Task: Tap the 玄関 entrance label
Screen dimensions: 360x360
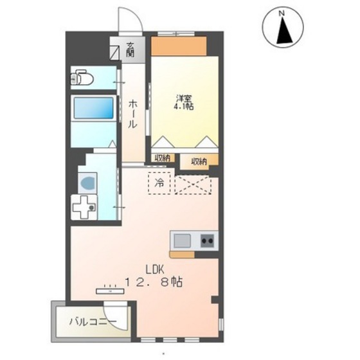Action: (x=130, y=49)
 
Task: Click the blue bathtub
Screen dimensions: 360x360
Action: (x=93, y=109)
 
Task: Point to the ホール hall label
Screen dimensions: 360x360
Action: (x=132, y=113)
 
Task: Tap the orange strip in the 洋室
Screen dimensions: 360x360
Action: (x=178, y=46)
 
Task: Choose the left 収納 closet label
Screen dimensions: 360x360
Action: (x=161, y=157)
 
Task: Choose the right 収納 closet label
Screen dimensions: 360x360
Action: (x=199, y=161)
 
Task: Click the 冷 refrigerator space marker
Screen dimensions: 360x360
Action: (x=160, y=182)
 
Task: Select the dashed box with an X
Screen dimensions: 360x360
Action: (x=194, y=182)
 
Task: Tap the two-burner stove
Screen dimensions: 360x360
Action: (x=207, y=241)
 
